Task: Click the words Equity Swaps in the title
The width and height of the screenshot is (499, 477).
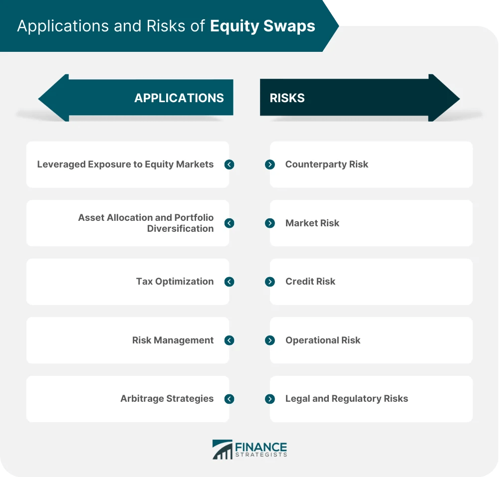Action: pyautogui.click(x=262, y=26)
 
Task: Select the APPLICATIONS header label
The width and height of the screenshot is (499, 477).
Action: pyautogui.click(x=179, y=98)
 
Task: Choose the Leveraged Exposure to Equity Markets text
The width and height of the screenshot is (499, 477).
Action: pyautogui.click(x=125, y=164)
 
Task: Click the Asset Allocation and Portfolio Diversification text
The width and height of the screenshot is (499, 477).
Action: pyautogui.click(x=146, y=223)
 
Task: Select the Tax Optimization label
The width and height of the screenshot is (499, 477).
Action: pyautogui.click(x=175, y=282)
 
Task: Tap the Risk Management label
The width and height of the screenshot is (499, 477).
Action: pyautogui.click(x=173, y=340)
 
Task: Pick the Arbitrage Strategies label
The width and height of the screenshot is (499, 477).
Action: pyautogui.click(x=167, y=399)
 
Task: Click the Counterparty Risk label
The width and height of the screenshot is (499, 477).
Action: pyautogui.click(x=326, y=164)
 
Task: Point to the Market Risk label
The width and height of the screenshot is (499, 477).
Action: pyautogui.click(x=312, y=223)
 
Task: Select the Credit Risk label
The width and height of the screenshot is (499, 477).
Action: pyautogui.click(x=310, y=282)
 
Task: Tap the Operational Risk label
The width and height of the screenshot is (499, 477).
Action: pyautogui.click(x=322, y=340)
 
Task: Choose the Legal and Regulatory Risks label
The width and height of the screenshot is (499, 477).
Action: pyautogui.click(x=346, y=399)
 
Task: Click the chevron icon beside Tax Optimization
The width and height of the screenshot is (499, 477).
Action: pyautogui.click(x=229, y=282)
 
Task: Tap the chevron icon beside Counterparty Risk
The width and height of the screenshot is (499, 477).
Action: pyautogui.click(x=270, y=164)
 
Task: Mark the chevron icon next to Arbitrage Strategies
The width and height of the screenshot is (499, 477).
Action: pyautogui.click(x=229, y=399)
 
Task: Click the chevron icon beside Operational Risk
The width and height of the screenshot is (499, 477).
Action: pyautogui.click(x=270, y=340)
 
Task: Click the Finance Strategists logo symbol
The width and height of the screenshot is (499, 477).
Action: pyautogui.click(x=222, y=449)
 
